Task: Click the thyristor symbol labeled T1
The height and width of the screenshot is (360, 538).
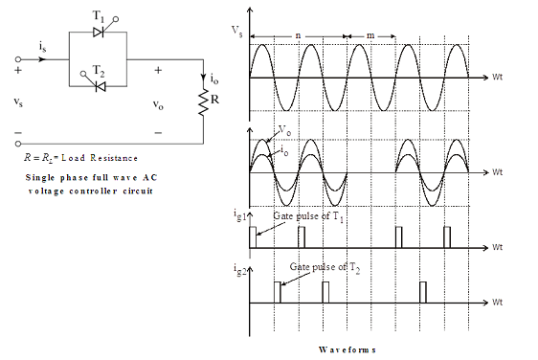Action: [x=99, y=33]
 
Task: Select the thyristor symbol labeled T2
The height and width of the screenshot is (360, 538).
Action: [x=101, y=86]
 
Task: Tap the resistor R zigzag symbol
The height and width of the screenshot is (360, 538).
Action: [x=204, y=102]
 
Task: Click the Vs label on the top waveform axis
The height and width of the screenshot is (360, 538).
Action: [x=237, y=31]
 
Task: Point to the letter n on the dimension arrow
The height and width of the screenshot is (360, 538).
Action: [x=298, y=35]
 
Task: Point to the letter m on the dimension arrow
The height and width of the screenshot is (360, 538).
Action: [x=370, y=35]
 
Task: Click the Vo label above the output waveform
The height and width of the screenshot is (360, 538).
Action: [x=284, y=130]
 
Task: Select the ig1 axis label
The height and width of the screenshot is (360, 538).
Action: [x=240, y=215]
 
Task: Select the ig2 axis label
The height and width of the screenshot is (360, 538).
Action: [x=240, y=270]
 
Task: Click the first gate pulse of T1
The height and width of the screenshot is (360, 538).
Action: [x=253, y=237]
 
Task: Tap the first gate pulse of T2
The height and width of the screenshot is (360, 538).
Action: [x=278, y=292]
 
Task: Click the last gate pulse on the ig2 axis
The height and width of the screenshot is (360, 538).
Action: [x=423, y=292]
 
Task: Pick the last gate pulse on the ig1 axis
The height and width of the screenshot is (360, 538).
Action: [x=447, y=237]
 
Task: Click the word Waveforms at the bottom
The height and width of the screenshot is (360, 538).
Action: [x=347, y=349]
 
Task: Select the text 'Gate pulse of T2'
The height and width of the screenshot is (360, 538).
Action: [x=325, y=268]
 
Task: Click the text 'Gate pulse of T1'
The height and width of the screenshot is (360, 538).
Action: [x=308, y=216]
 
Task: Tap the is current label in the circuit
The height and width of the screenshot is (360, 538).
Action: [x=42, y=47]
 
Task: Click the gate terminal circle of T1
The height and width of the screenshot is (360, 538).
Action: [x=116, y=19]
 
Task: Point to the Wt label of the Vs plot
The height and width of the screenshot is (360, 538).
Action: [x=497, y=77]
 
